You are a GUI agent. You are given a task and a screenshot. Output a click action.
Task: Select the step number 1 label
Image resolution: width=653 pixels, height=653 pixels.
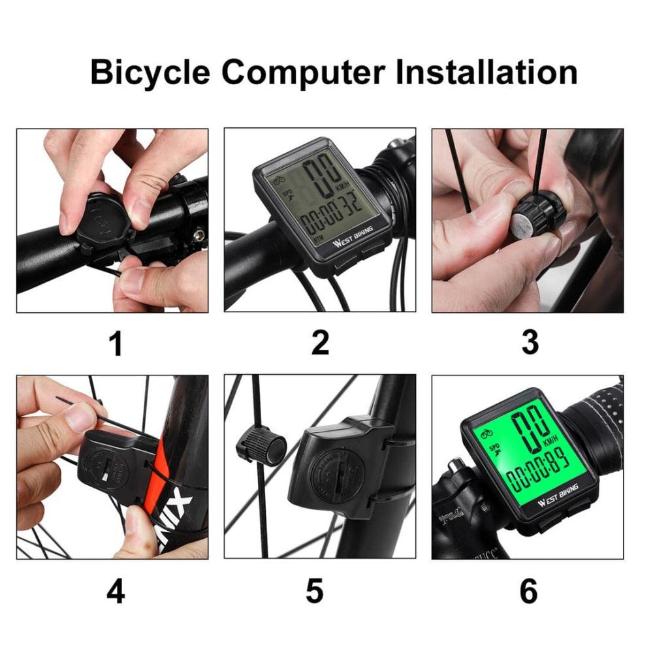[x=116, y=343]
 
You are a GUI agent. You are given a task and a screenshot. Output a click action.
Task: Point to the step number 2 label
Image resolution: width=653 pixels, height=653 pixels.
[x=320, y=343]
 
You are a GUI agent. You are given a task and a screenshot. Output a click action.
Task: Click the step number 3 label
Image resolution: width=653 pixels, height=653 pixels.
[x=530, y=343]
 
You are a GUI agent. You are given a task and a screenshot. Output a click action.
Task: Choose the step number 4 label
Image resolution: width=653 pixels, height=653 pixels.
[x=116, y=592]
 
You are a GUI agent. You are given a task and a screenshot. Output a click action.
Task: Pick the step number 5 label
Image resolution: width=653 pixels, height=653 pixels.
[x=315, y=592]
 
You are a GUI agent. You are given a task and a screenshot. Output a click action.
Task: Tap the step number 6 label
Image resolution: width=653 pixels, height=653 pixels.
[x=528, y=592]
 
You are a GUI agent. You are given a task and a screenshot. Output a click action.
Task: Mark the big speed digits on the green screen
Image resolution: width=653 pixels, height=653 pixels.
[x=530, y=428]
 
